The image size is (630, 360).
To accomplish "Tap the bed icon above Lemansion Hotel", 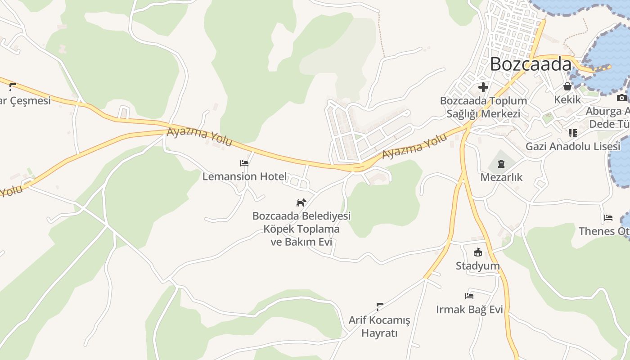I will click(244, 163).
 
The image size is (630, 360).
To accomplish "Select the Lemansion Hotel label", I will click(244, 176).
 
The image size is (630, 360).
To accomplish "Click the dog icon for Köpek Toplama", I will click(301, 202).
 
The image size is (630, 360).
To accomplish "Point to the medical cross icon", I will click(483, 87).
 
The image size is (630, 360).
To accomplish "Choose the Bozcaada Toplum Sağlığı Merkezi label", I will click(483, 107).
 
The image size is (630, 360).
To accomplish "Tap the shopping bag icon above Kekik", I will click(567, 86).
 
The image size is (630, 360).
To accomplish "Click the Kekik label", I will click(567, 99).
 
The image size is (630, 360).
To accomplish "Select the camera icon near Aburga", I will click(621, 98).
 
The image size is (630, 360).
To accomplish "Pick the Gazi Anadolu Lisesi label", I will click(573, 146).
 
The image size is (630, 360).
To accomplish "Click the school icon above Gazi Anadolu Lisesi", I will click(572, 133).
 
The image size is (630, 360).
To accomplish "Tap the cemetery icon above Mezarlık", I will click(501, 164).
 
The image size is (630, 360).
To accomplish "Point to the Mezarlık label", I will click(501, 177).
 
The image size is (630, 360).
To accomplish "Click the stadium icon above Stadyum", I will click(477, 252).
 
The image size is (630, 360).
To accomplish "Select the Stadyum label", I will click(477, 265).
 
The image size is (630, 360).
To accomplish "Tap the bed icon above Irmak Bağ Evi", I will click(469, 296).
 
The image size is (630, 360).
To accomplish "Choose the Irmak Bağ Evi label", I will click(469, 310).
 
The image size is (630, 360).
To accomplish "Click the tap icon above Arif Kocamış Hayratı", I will click(379, 307).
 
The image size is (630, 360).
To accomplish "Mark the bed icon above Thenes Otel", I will click(608, 218).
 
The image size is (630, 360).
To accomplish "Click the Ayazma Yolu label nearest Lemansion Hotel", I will click(199, 137).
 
